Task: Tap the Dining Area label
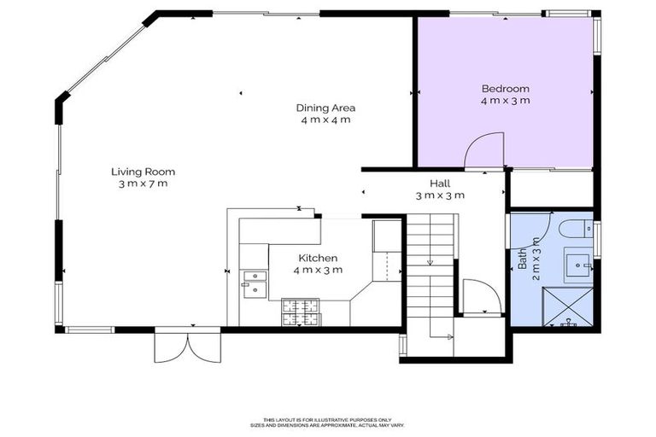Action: point(325,108)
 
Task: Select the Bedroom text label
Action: point(505,88)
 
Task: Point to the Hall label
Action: point(440,183)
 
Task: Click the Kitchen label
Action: point(317,258)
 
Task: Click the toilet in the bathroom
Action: point(577,230)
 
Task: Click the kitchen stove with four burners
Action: point(301,312)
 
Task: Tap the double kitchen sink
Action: point(254,283)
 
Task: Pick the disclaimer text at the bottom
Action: point(327,422)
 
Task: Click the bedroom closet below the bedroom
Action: point(550,189)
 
